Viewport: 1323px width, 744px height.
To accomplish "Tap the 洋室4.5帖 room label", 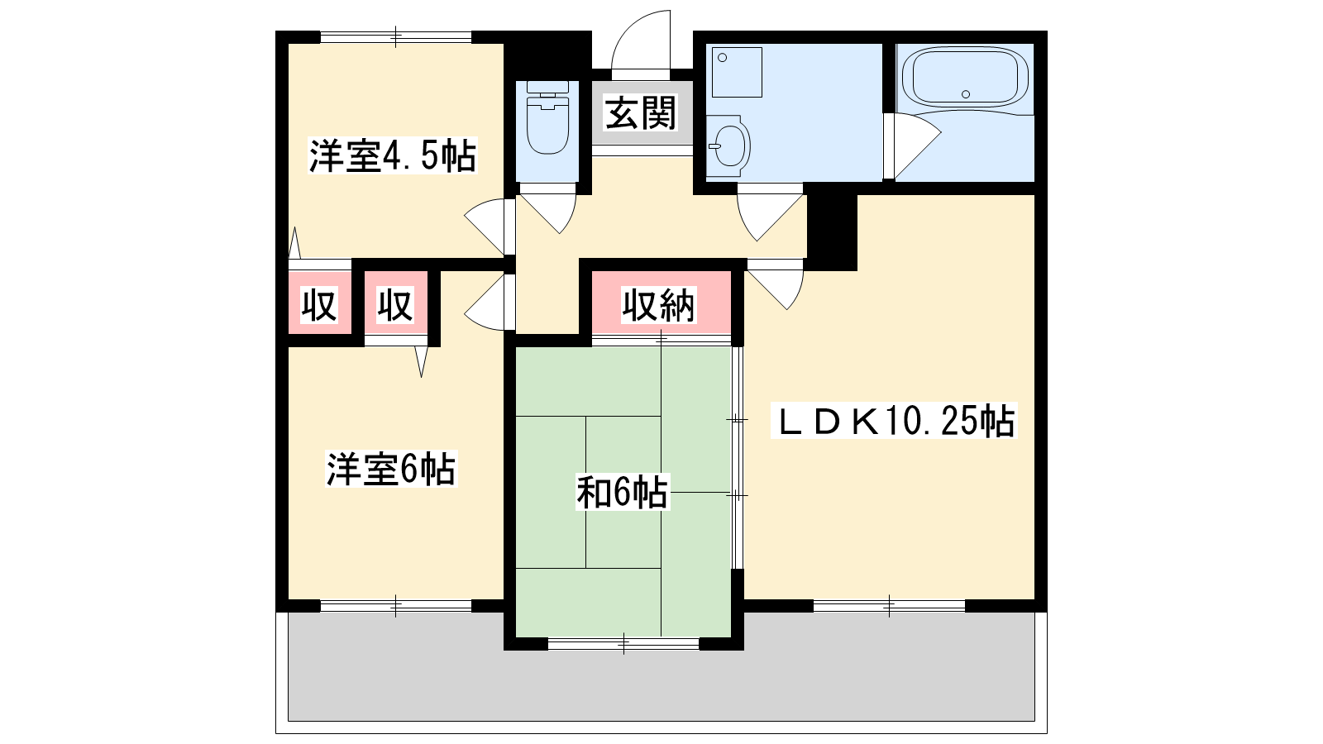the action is (393, 156).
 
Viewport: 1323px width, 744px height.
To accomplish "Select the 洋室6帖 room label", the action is (391, 469).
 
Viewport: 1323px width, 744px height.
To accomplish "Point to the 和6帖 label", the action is (623, 493).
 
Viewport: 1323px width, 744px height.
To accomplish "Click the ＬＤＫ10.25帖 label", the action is (894, 421).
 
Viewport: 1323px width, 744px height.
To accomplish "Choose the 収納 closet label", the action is (658, 305).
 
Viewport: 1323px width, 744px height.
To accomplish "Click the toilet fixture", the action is (547, 118).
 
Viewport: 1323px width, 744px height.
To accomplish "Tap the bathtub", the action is (965, 78).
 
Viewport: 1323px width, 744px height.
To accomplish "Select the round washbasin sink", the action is (728, 145).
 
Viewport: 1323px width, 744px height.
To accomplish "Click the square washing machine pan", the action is (737, 72).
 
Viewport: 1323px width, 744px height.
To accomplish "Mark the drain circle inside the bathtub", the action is (966, 94).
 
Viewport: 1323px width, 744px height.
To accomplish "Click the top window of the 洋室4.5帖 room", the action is (396, 36).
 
